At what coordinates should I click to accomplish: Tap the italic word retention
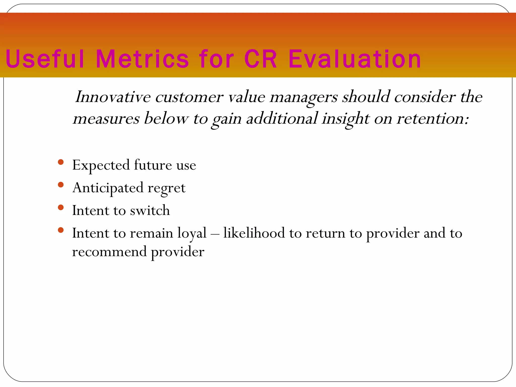432,118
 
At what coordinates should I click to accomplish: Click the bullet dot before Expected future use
60,162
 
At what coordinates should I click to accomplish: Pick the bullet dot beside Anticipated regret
60,185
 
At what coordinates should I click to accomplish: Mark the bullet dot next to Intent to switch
60,207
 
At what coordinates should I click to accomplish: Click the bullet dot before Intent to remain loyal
60,230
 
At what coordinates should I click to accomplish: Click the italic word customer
189,97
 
